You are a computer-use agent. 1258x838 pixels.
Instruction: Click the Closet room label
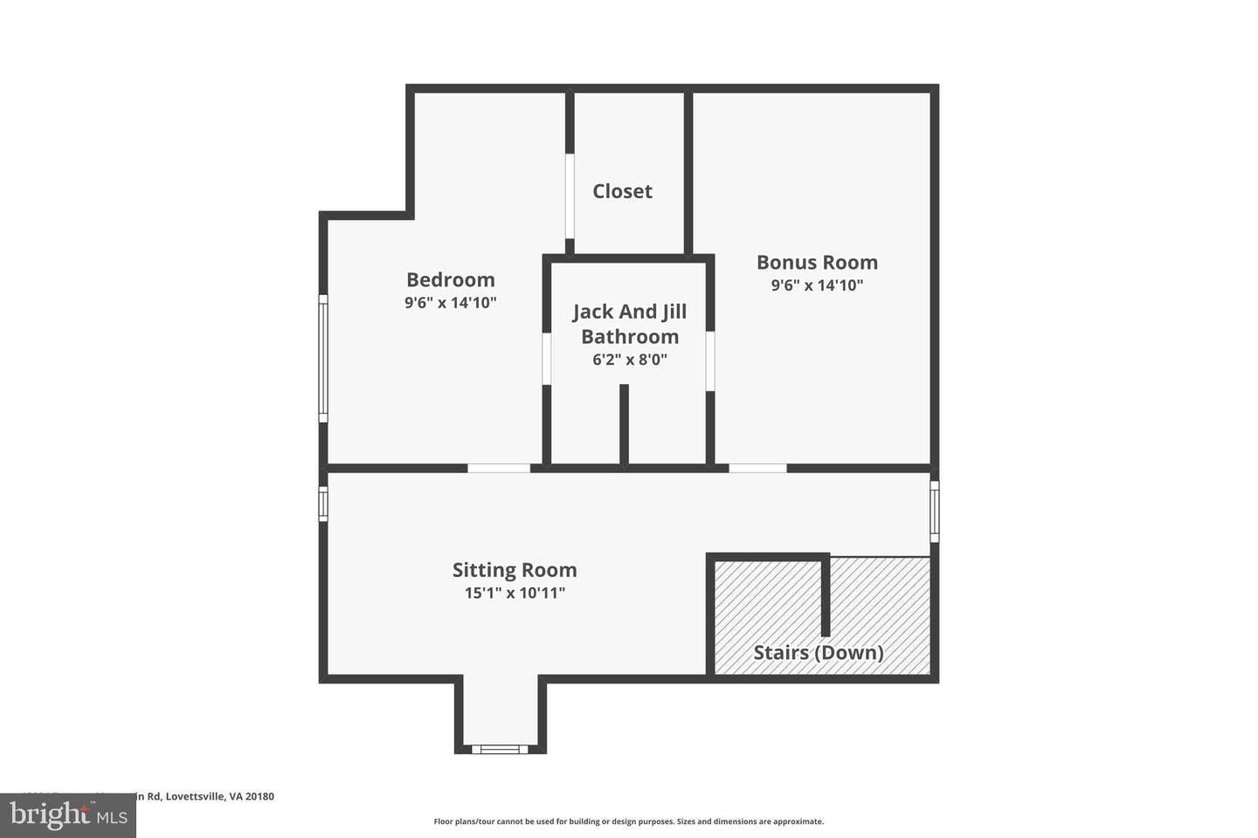[622, 191]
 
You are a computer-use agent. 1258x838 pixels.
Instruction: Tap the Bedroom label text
[450, 279]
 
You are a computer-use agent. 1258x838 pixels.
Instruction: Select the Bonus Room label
[817, 262]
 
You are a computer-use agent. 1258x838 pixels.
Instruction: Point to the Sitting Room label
[515, 570]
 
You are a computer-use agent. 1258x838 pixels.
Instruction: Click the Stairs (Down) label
[818, 652]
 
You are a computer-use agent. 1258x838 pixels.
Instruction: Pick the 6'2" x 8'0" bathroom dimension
[629, 359]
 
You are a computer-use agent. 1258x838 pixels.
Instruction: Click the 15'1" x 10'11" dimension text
[515, 593]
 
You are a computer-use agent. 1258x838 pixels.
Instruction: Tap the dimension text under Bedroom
[450, 303]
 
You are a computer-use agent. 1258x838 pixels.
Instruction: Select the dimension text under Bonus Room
[817, 285]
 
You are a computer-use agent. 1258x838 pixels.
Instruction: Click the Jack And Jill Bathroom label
[629, 324]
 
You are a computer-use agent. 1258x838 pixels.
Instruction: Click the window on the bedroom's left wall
[323, 358]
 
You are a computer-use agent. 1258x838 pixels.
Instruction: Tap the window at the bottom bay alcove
[500, 748]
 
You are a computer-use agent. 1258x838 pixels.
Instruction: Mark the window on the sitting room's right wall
[934, 511]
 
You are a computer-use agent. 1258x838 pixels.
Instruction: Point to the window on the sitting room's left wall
[323, 504]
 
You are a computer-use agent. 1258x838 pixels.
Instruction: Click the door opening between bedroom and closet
[570, 196]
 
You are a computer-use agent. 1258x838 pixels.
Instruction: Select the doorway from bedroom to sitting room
[499, 469]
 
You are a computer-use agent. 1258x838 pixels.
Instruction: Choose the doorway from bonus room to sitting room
[757, 469]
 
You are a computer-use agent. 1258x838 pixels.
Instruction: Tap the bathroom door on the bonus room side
[710, 361]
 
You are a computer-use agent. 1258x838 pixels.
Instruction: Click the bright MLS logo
[67, 815]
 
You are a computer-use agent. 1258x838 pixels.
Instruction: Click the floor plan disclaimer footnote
[628, 821]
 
